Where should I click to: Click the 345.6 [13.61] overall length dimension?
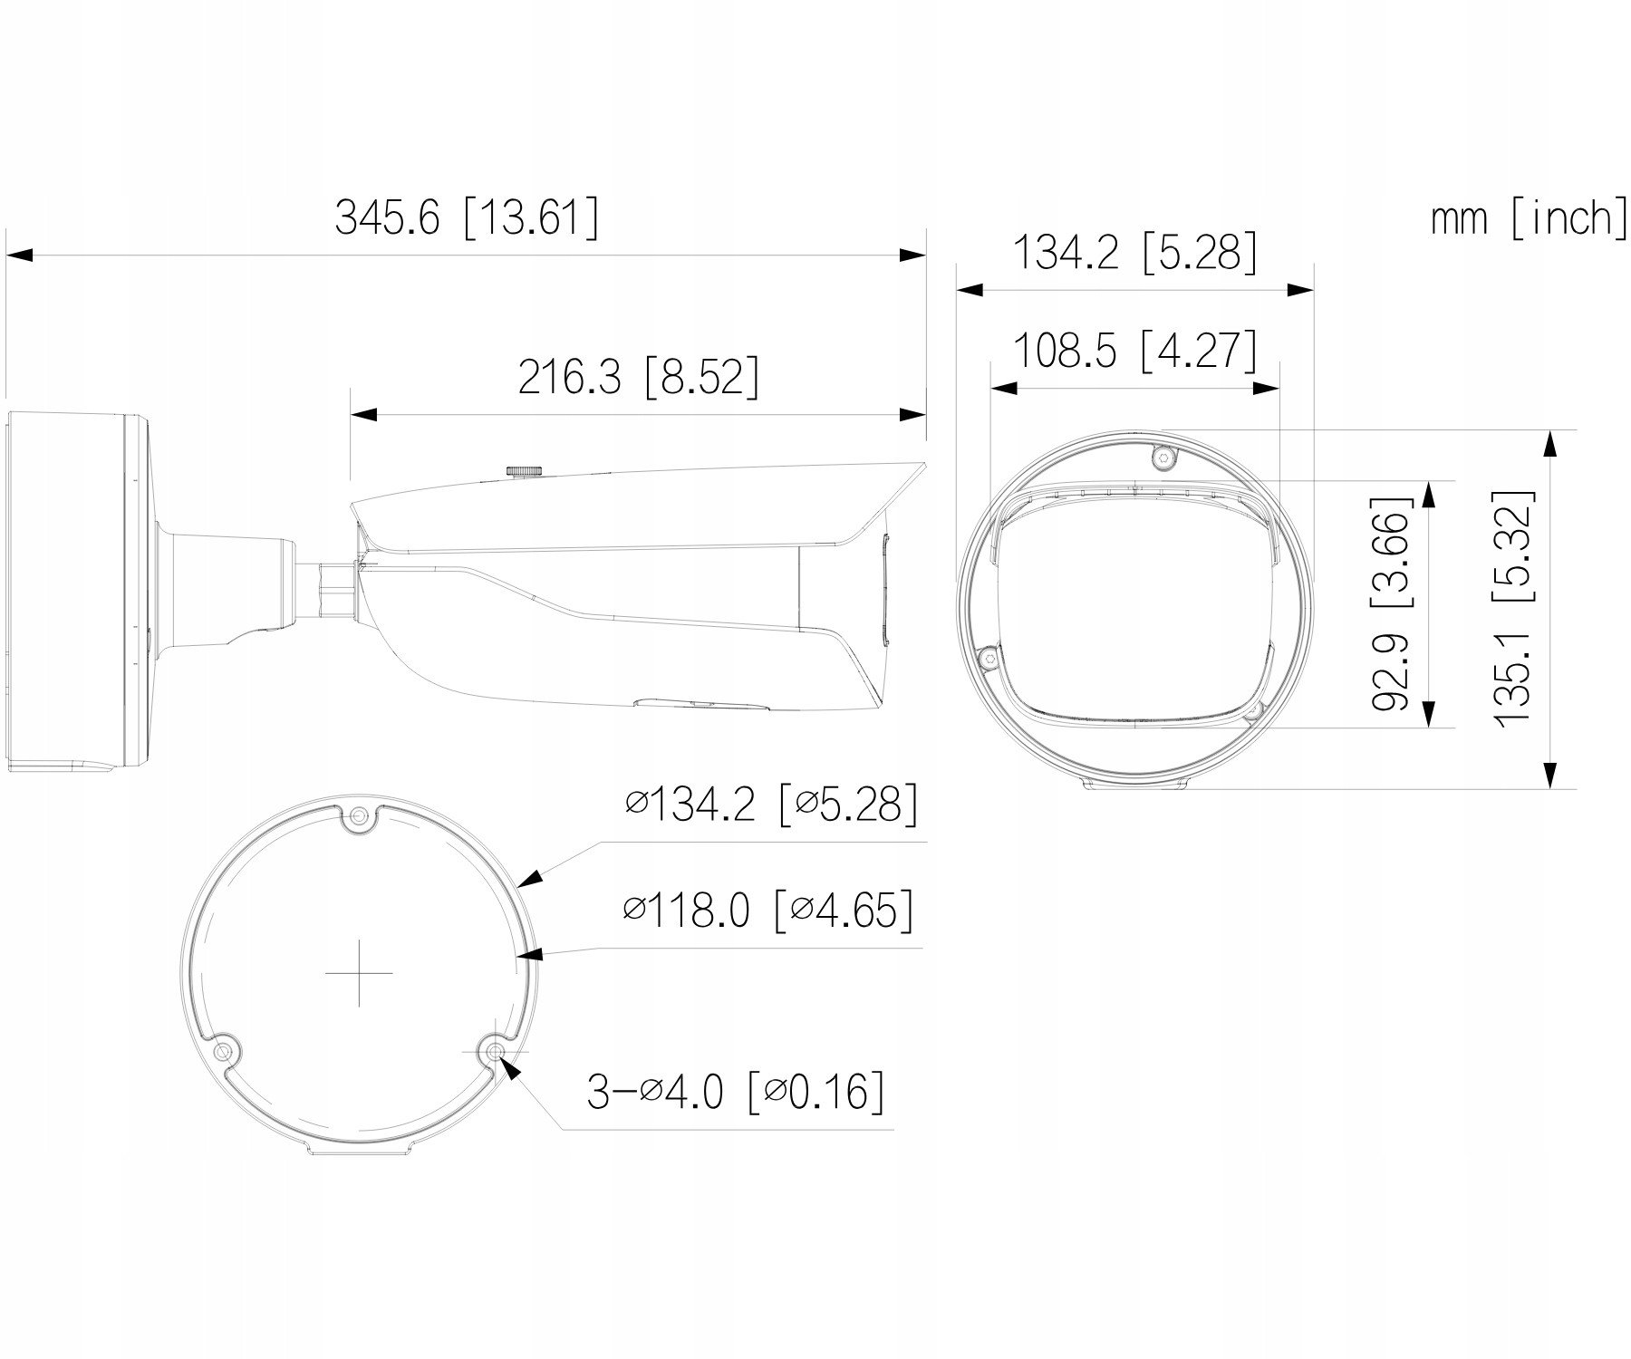(467, 218)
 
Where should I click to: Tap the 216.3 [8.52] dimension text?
(638, 377)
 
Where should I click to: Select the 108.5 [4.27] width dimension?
(1134, 352)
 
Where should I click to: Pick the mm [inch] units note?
(1529, 218)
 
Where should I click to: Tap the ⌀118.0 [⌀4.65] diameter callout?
(768, 909)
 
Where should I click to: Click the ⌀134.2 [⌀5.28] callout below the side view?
(771, 803)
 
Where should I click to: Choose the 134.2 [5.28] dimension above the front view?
(1134, 253)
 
